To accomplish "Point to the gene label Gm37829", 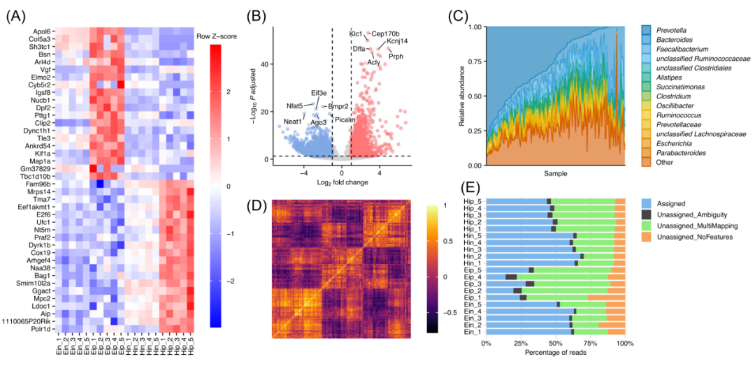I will [35, 168].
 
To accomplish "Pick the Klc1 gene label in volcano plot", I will [356, 34].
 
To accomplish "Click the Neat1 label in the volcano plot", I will [293, 122].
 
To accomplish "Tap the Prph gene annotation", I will [396, 56].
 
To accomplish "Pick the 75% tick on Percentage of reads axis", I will [590, 344].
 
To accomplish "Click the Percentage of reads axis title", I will [555, 357].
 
